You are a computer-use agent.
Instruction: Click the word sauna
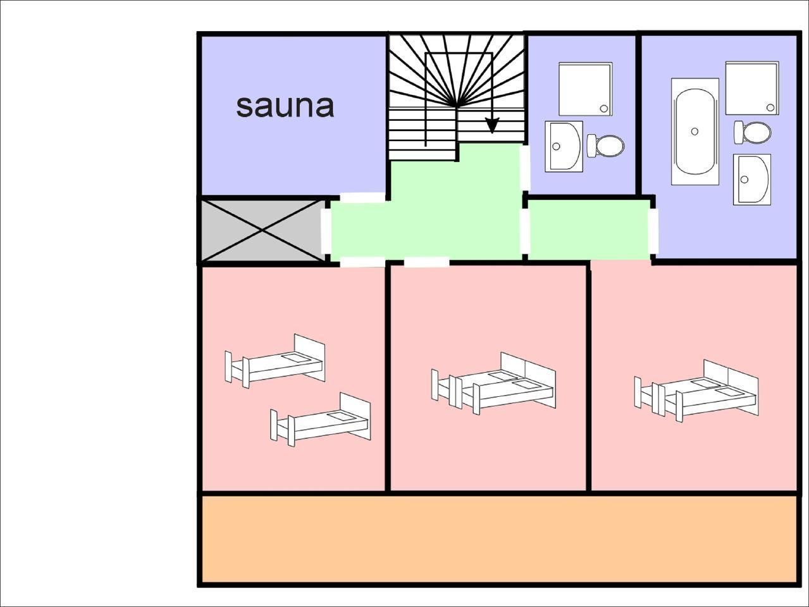click(x=285, y=106)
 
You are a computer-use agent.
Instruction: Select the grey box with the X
click(x=262, y=230)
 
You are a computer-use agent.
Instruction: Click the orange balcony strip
click(x=498, y=539)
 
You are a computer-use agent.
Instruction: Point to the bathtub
click(x=695, y=132)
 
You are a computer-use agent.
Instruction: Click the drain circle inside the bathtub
click(x=695, y=131)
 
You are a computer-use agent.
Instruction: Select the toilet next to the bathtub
click(x=753, y=132)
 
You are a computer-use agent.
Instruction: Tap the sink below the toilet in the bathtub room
click(x=752, y=179)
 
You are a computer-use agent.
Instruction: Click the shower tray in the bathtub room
click(x=751, y=88)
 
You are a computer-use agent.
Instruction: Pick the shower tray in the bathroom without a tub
click(x=585, y=89)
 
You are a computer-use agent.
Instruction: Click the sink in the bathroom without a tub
click(x=564, y=146)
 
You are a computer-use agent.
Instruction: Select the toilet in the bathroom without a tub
click(x=605, y=146)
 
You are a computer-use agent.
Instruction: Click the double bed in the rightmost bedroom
click(x=697, y=391)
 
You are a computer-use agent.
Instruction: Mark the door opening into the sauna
click(x=362, y=197)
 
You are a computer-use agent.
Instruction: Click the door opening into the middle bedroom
click(x=426, y=261)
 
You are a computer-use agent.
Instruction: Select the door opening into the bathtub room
click(x=653, y=231)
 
